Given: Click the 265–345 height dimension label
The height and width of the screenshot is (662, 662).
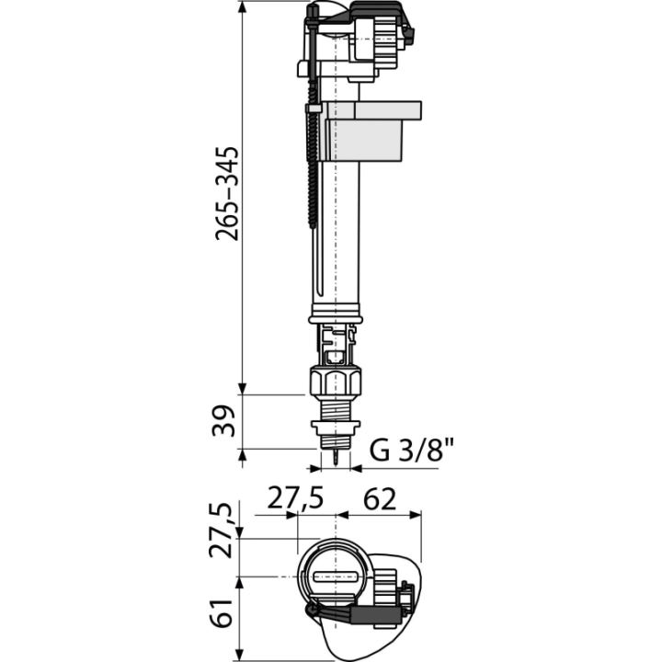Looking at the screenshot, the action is pos(227,194).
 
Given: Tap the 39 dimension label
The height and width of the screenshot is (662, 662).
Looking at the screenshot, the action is pos(223,421).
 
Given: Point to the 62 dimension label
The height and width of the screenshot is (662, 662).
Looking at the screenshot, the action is pos(380,499).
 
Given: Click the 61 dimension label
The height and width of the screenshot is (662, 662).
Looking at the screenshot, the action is pos(223,613).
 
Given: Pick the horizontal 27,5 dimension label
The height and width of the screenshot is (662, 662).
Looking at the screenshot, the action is pos(295,498).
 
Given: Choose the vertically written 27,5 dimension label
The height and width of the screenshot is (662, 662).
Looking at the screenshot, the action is pos(222,531).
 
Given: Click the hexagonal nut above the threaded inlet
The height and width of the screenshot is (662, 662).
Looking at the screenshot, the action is pos(336,382).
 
